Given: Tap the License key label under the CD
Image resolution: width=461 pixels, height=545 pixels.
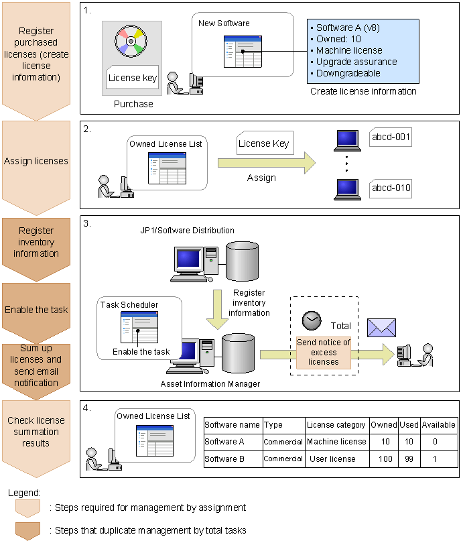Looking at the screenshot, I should [133, 78].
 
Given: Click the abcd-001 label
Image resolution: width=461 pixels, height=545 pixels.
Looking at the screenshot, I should [391, 139].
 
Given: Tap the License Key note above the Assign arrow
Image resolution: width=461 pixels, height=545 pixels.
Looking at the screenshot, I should [263, 143].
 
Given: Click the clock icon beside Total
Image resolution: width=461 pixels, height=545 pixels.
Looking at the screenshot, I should [312, 320].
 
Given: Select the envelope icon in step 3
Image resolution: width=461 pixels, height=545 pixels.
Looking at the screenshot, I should [381, 327].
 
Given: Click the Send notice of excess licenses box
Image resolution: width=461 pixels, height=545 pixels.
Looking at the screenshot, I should [324, 352].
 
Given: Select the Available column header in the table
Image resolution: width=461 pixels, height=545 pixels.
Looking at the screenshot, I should [439, 424].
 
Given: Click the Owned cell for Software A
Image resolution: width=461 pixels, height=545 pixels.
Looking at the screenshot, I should [384, 442].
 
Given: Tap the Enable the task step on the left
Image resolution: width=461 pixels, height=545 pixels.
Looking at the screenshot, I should [36, 310].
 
